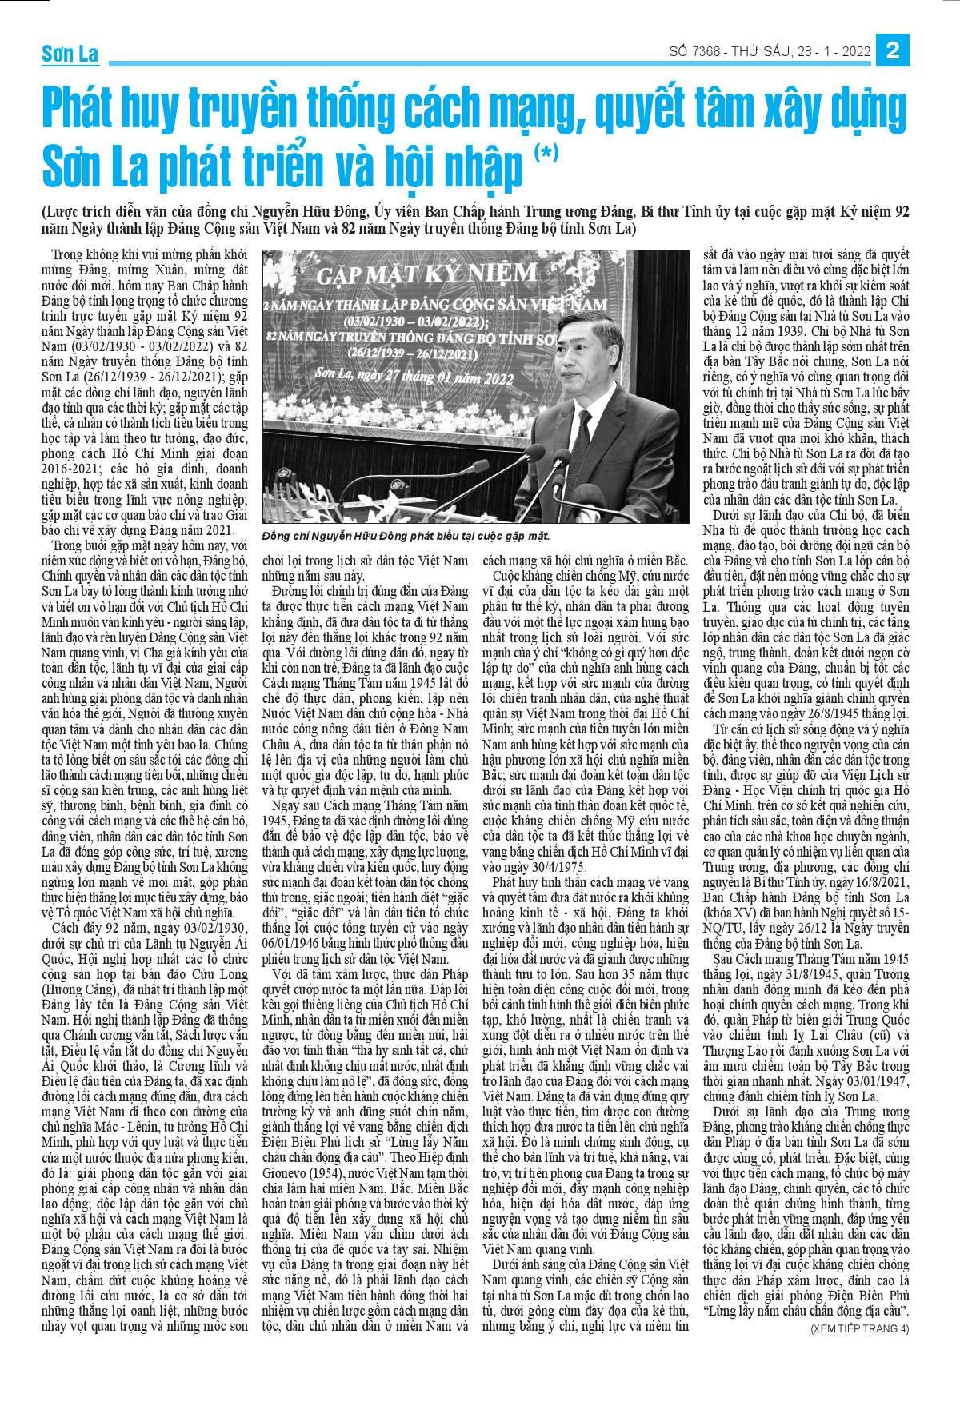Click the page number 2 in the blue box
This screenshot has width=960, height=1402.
tap(893, 51)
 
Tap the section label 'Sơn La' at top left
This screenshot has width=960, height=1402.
tap(70, 54)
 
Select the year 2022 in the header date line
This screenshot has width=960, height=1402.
tap(855, 52)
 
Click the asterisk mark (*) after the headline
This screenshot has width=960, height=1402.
tap(546, 151)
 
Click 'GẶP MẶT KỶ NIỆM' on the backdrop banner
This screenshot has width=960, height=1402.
tap(426, 274)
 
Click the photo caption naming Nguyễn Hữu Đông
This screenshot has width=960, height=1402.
tap(406, 536)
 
